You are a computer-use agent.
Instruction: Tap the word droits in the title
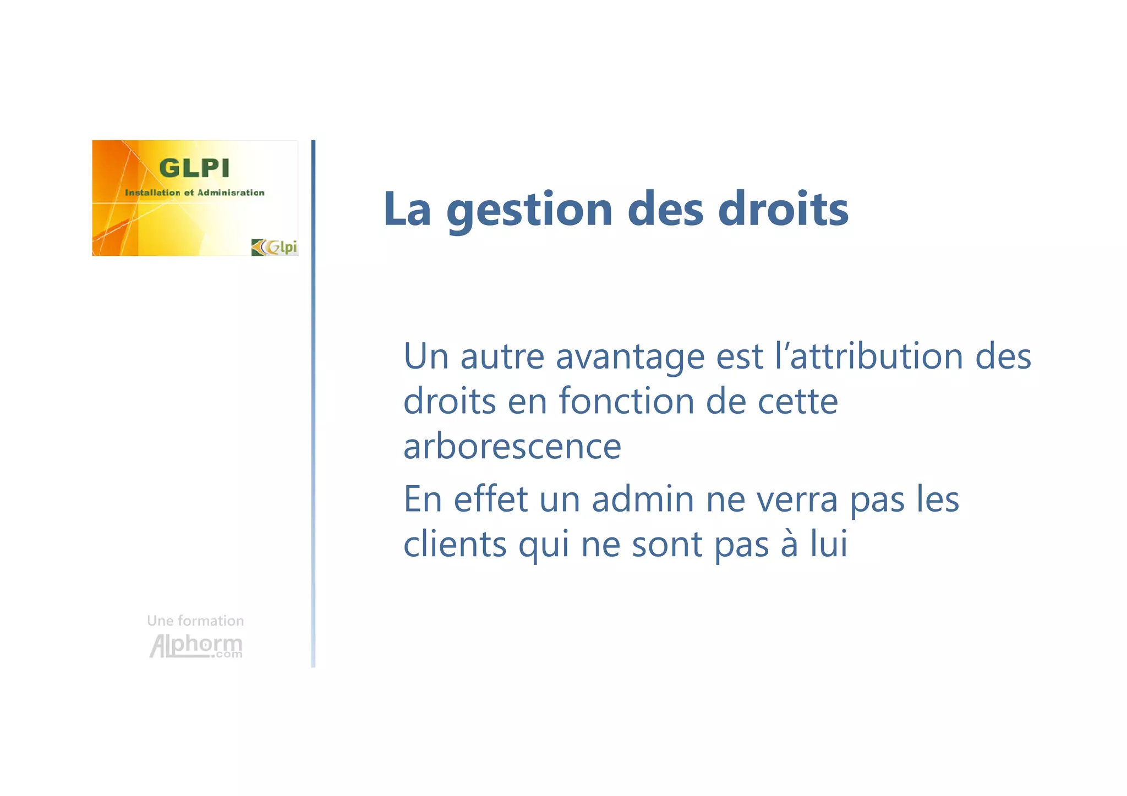click(x=783, y=209)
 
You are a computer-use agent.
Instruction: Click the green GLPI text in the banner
click(x=194, y=168)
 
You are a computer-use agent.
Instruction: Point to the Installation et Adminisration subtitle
click(x=194, y=193)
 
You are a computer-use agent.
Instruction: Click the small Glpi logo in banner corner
click(x=275, y=247)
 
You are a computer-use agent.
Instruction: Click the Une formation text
click(x=195, y=621)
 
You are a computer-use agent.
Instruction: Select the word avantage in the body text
click(x=630, y=358)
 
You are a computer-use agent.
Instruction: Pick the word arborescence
click(x=512, y=446)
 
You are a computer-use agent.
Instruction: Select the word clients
click(x=455, y=544)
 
